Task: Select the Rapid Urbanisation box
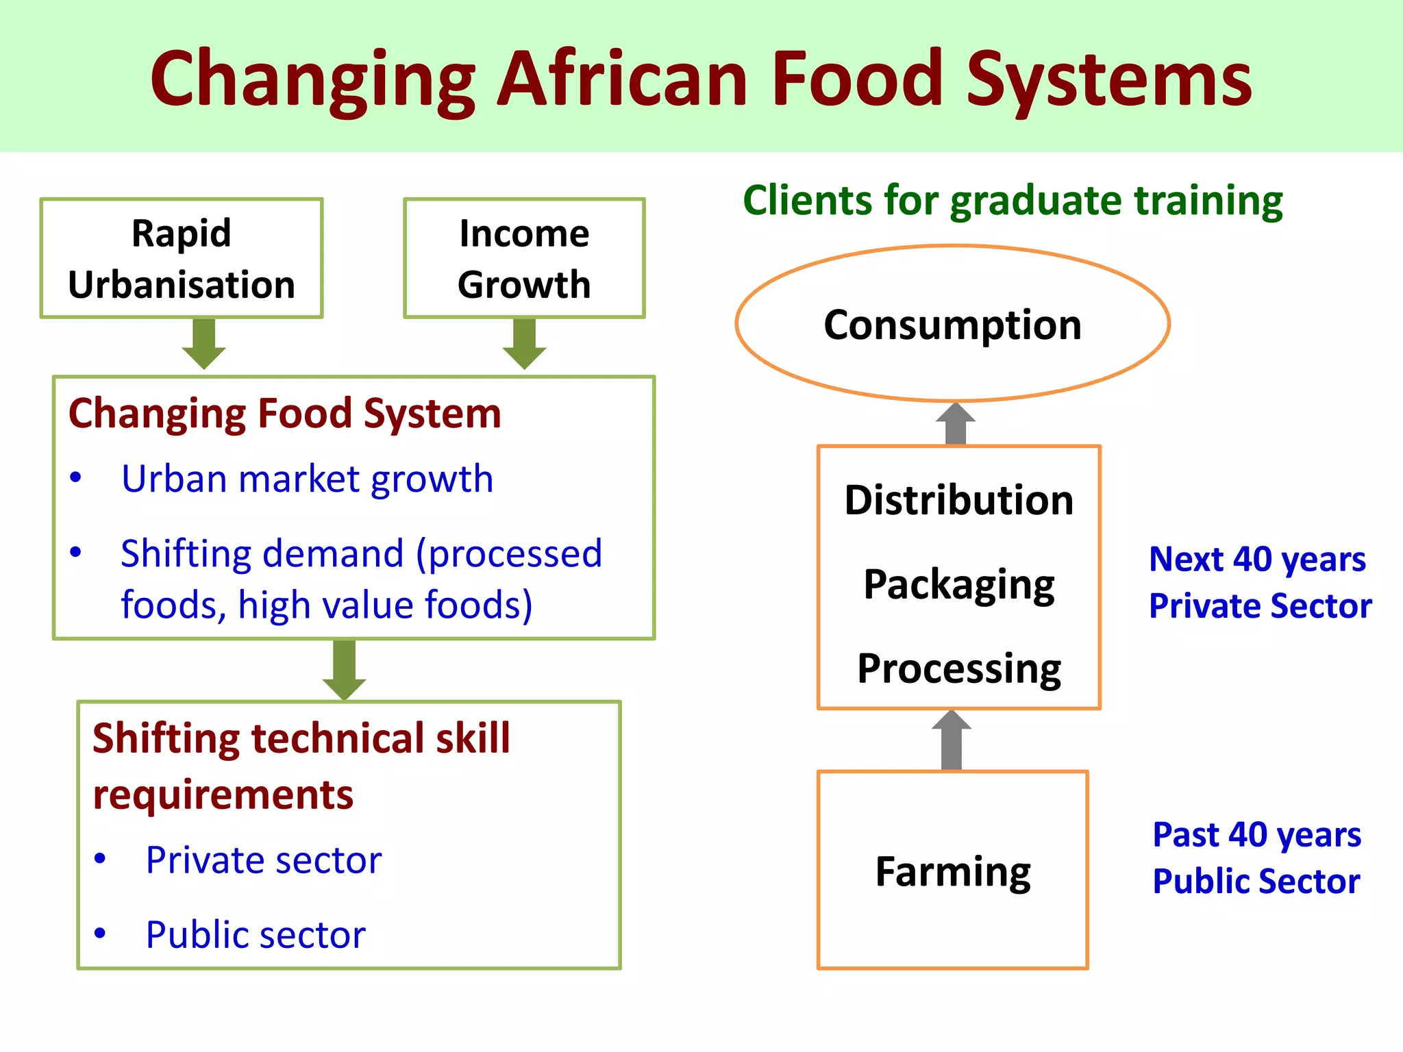[x=182, y=258]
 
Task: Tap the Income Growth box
[x=524, y=258]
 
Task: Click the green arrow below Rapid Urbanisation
[x=204, y=344]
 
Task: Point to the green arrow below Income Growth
[x=524, y=344]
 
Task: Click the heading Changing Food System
[x=285, y=414]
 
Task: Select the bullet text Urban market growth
[x=307, y=479]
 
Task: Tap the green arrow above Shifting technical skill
[x=344, y=670]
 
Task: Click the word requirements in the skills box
[x=223, y=795]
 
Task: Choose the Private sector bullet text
[x=264, y=860]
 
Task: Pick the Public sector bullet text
[x=256, y=935]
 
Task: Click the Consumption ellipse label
[x=952, y=325]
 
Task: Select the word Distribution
[x=959, y=500]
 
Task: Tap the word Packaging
[x=959, y=585]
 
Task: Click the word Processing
[x=959, y=668]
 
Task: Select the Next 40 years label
[x=1258, y=559]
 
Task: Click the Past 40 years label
[x=1257, y=835]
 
